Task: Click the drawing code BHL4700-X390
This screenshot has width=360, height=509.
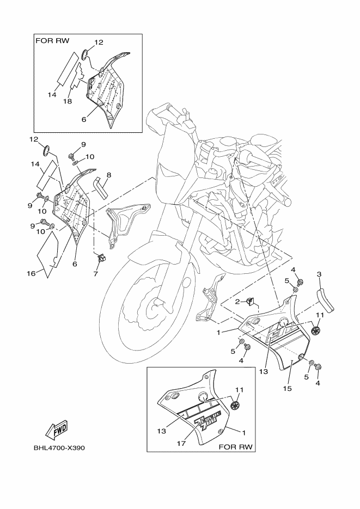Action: (60, 449)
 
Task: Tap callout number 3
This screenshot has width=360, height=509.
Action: (320, 274)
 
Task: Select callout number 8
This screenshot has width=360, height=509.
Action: (109, 175)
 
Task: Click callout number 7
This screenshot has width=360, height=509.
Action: (95, 273)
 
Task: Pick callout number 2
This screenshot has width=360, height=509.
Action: (238, 301)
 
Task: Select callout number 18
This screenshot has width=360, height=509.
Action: (68, 101)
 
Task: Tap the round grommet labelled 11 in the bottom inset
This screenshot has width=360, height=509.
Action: (235, 406)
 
